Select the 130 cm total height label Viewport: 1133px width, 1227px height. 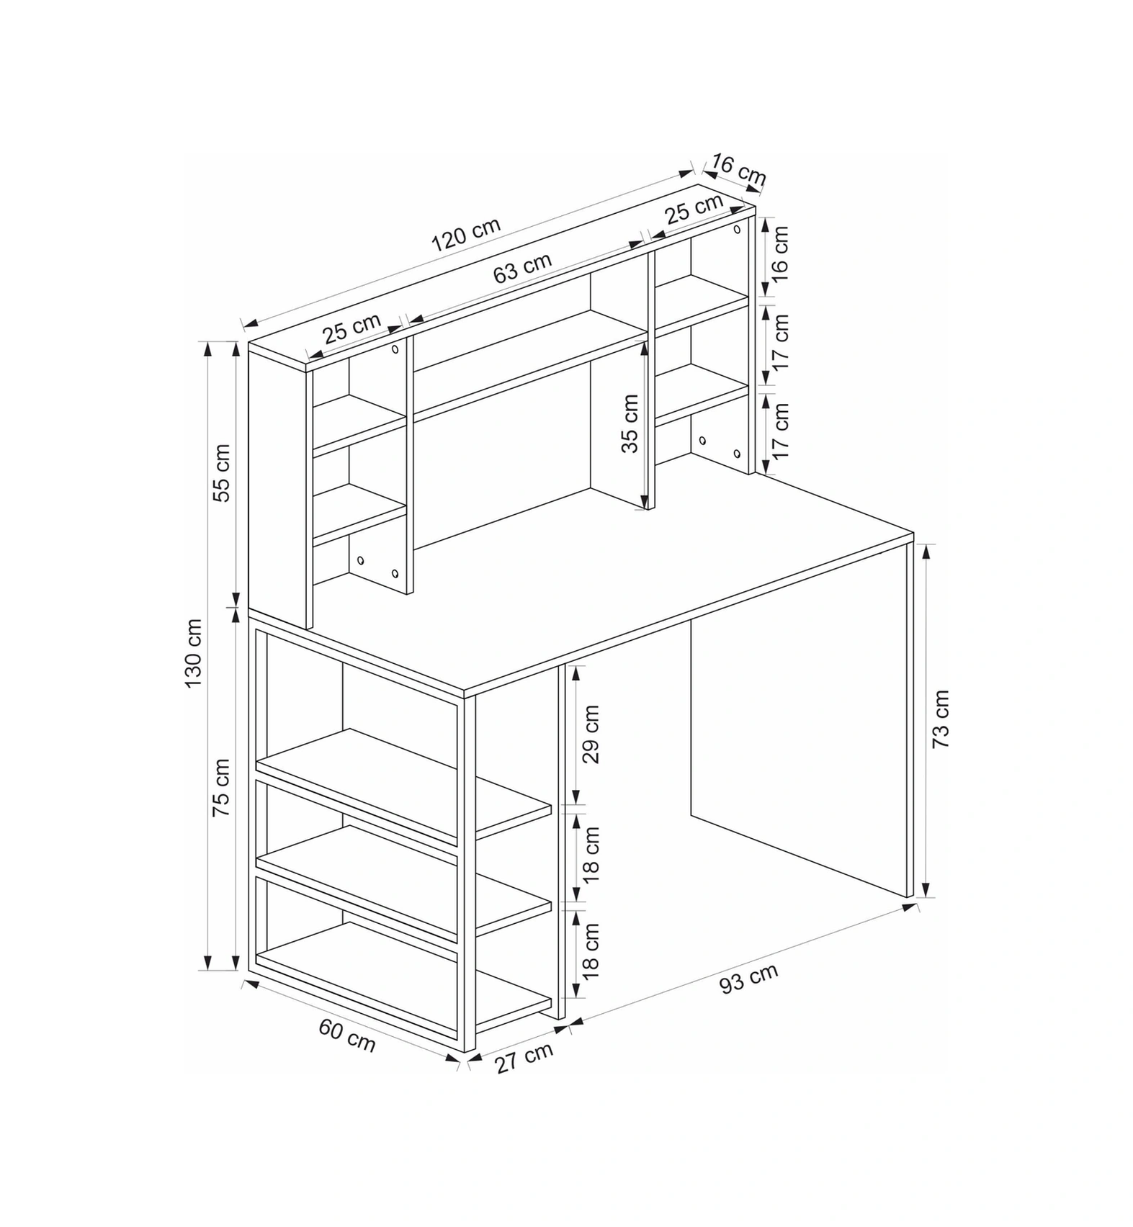[194, 652]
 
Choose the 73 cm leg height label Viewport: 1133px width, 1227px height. [941, 719]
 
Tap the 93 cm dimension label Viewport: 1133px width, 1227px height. [749, 978]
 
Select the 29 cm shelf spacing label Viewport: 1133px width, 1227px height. [591, 734]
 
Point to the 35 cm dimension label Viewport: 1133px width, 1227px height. [630, 423]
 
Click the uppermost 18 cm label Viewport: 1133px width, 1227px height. [591, 855]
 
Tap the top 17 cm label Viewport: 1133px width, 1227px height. [780, 341]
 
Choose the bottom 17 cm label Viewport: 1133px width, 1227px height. [780, 431]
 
